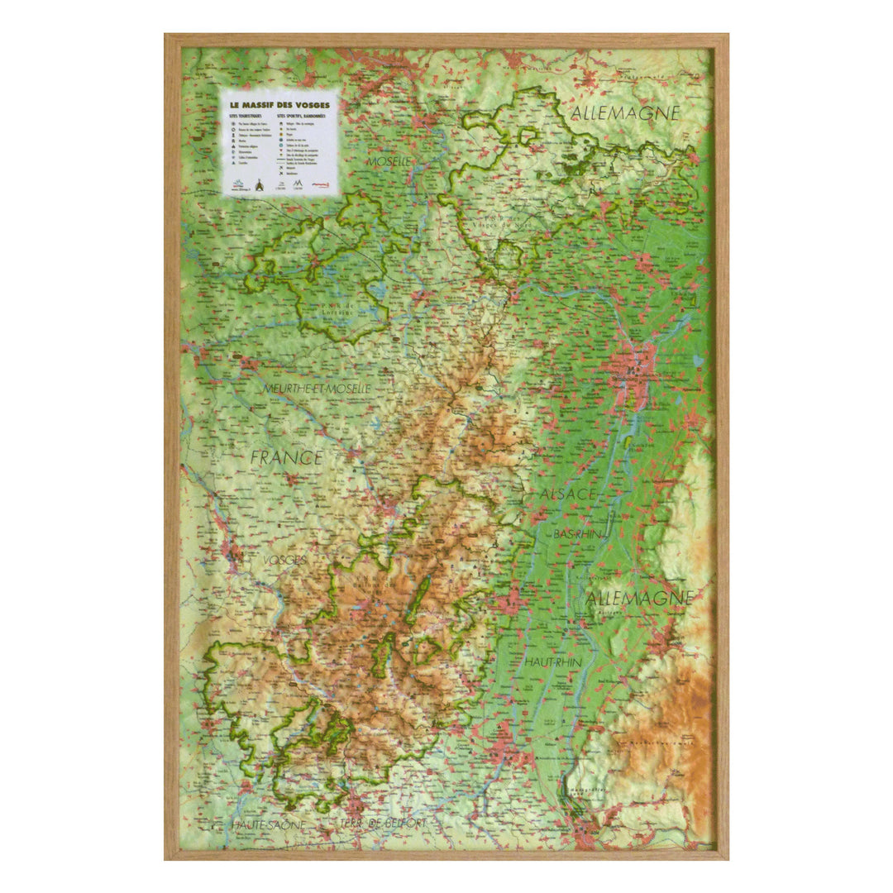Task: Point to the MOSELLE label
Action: tap(389, 160)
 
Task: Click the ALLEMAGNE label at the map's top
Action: tap(625, 112)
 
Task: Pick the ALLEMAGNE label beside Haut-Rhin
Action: tap(639, 596)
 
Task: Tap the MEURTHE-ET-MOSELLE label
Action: tap(317, 388)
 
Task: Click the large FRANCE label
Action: tap(287, 457)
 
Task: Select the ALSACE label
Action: tap(568, 494)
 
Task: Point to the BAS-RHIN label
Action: tap(577, 535)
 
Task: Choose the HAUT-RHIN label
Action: tap(553, 661)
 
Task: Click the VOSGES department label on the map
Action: tap(284, 560)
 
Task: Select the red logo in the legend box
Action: tap(319, 186)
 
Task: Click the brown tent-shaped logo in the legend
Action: tap(261, 185)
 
